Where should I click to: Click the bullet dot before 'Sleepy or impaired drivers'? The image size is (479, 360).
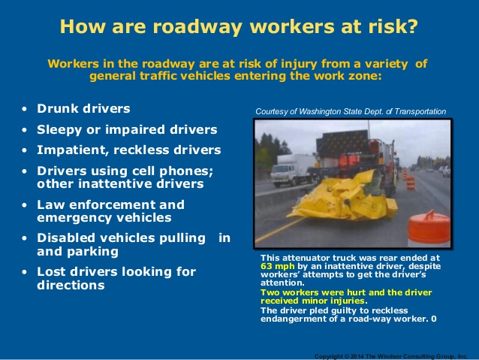26,130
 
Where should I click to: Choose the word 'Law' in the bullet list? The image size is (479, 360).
52,204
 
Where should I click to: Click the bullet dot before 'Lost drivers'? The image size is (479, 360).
26,272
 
